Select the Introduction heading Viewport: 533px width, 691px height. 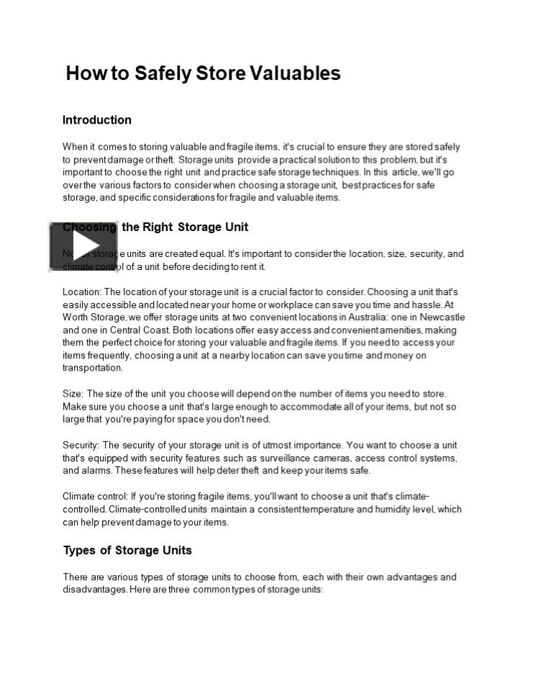click(97, 120)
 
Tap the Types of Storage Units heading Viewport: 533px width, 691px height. click(127, 551)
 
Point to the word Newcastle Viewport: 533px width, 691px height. click(438, 317)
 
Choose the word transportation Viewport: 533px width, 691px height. click(93, 368)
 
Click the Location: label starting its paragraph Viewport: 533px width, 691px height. click(82, 292)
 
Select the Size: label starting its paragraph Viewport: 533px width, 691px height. click(73, 394)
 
